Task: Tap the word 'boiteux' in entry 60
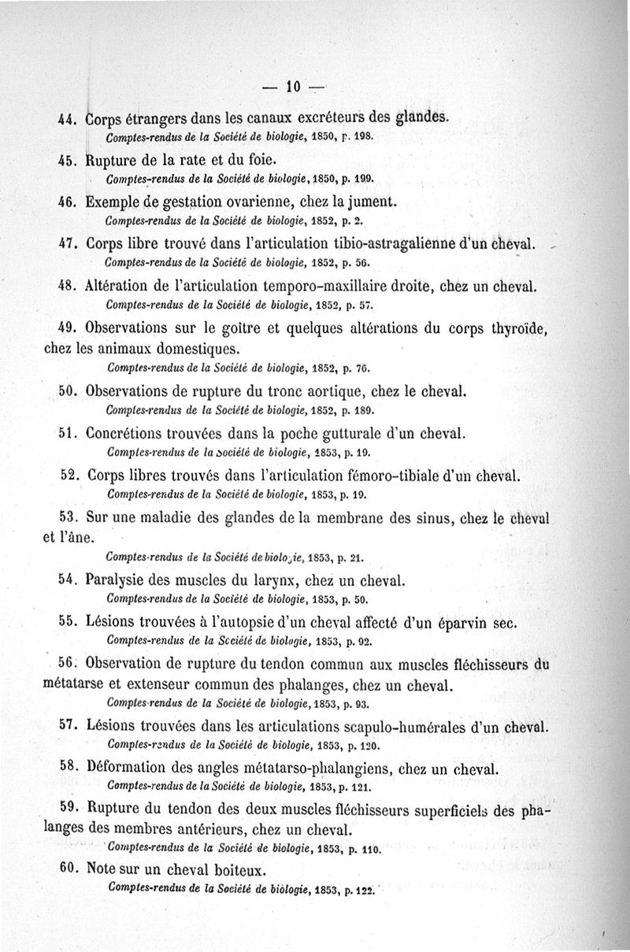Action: (237, 871)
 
